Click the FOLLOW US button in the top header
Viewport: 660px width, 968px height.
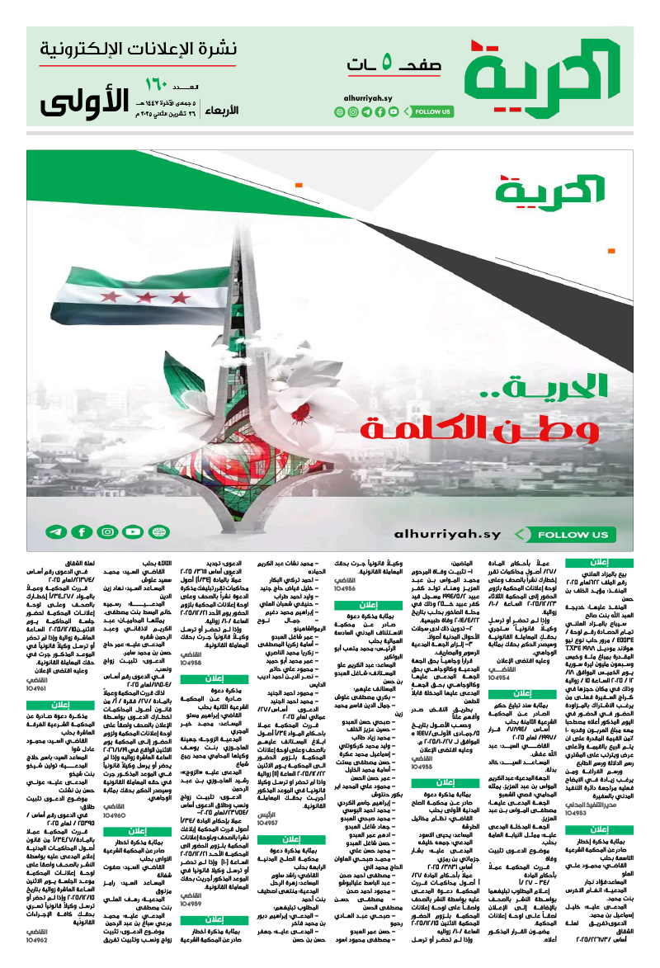click(431, 111)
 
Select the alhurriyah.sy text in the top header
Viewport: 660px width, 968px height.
click(368, 97)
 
